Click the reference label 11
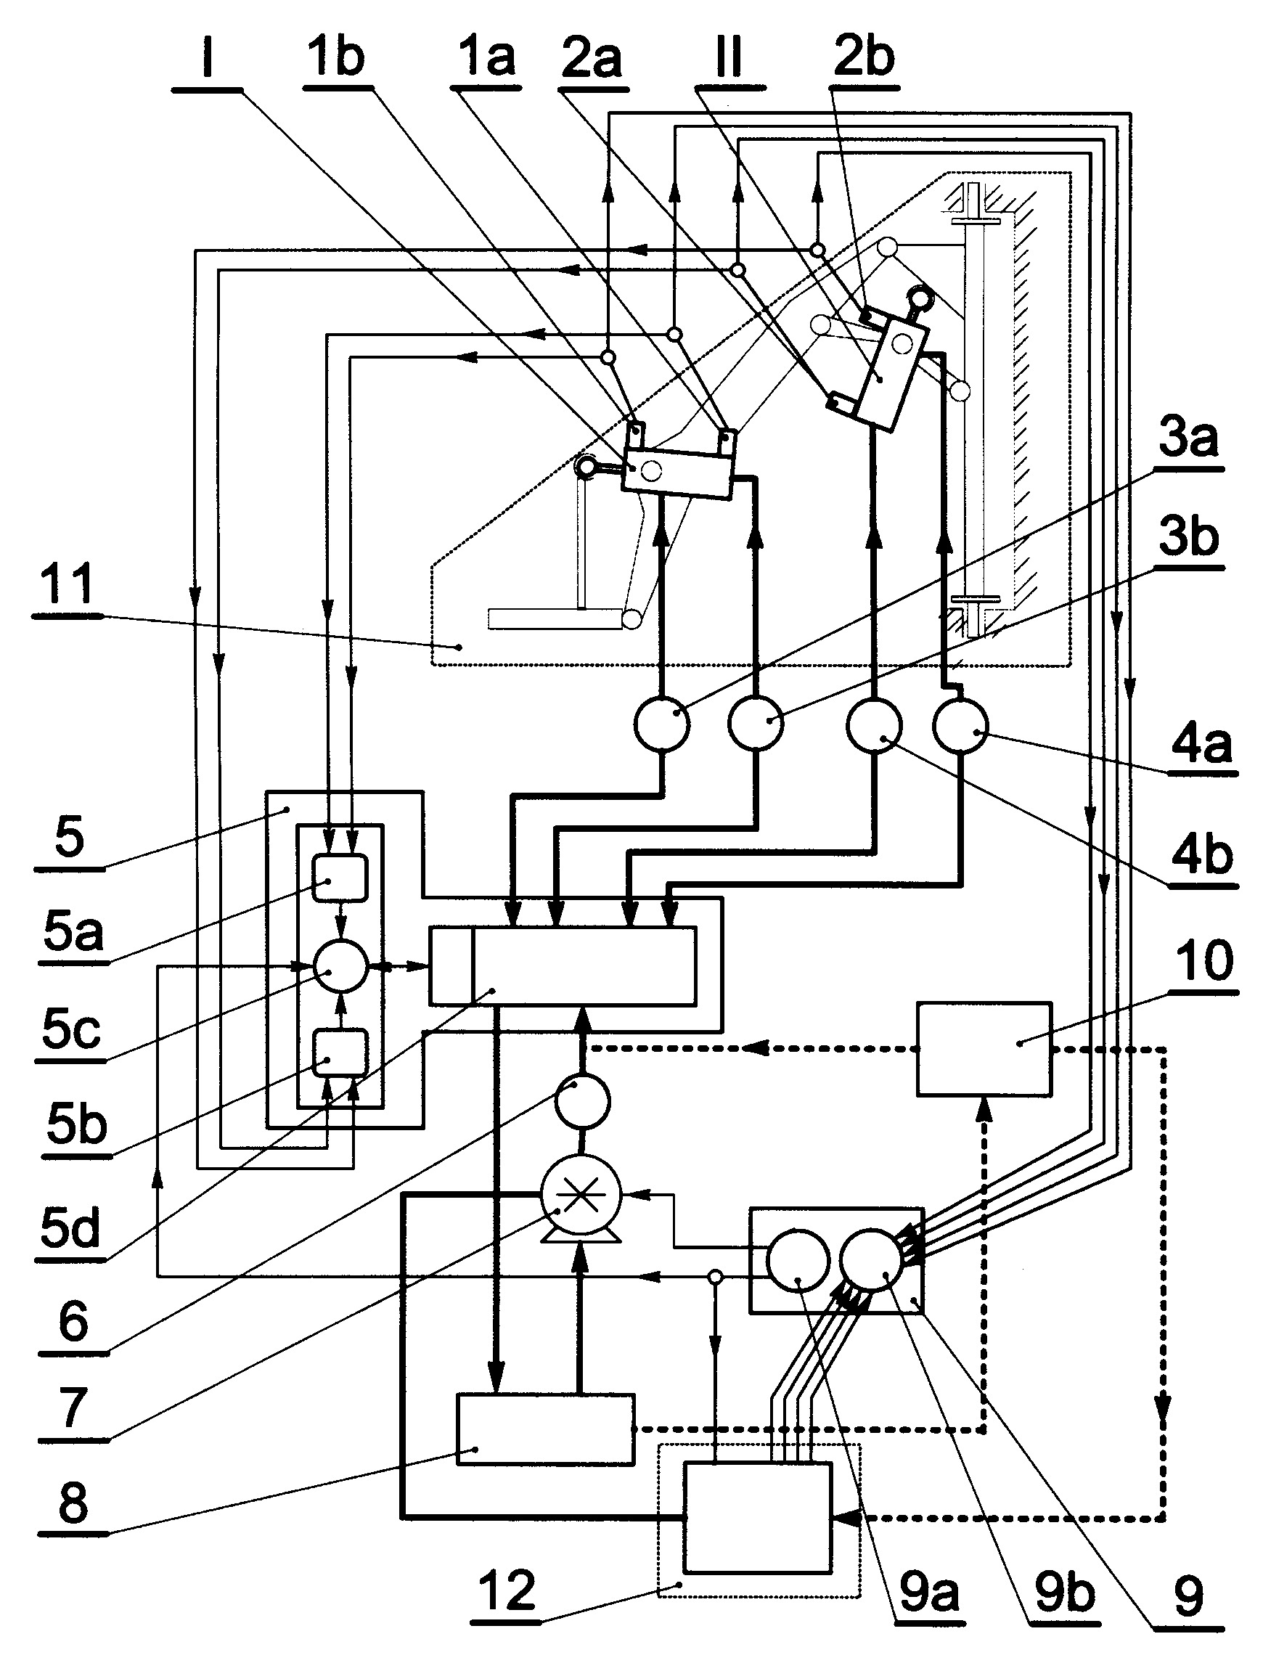68,584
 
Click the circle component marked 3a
661,723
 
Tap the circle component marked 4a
960,725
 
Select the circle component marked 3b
756,723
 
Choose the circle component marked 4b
875,725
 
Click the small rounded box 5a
340,878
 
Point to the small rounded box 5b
340,1053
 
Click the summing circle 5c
340,966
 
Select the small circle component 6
582,1101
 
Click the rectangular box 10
984,1049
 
